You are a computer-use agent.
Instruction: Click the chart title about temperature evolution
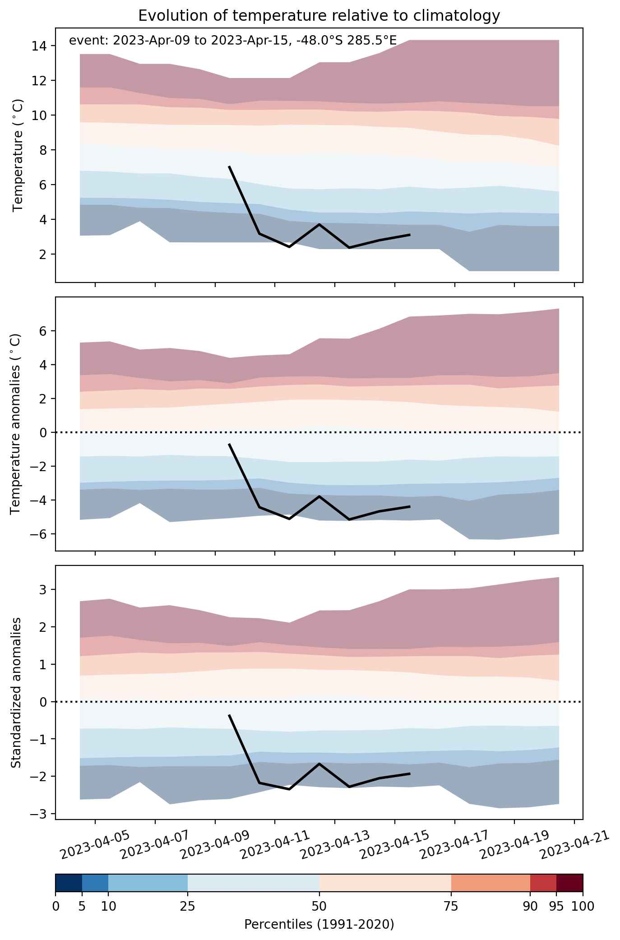click(319, 16)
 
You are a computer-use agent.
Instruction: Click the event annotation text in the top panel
click(233, 41)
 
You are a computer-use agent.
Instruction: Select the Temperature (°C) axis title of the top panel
click(18, 156)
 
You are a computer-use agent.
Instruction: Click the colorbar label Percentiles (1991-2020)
click(319, 925)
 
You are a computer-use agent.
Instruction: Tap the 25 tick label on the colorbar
click(188, 906)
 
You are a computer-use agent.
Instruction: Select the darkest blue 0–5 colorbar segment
click(69, 883)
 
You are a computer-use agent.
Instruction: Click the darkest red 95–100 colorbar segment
click(569, 883)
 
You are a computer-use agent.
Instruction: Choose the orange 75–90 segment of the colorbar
click(490, 883)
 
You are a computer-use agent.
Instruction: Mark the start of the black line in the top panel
click(229, 167)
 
